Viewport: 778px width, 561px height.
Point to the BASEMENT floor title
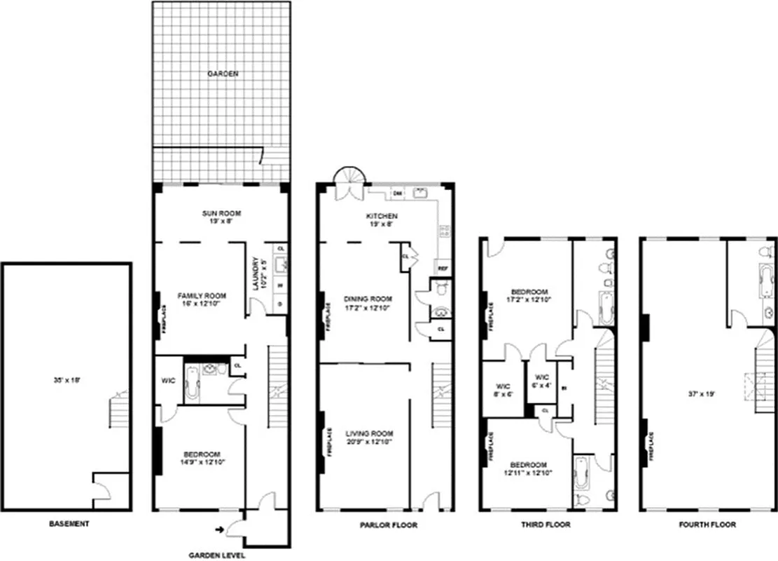(x=69, y=524)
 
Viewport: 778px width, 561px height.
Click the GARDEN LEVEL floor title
(x=217, y=555)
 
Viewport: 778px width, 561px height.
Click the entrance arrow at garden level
(x=221, y=529)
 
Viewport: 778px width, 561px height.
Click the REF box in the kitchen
(x=443, y=268)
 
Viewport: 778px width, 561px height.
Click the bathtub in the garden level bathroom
(x=193, y=384)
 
